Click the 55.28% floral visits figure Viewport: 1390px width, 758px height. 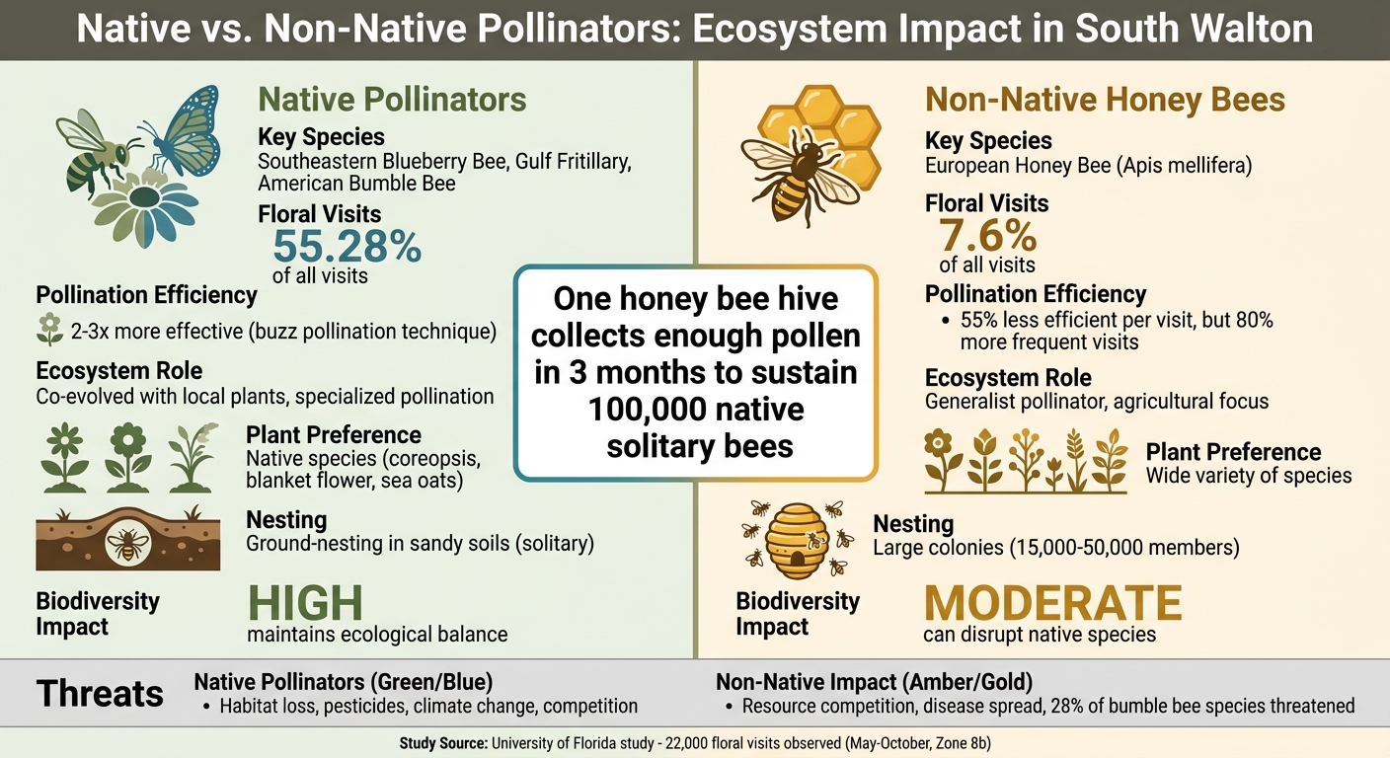pyautogui.click(x=347, y=247)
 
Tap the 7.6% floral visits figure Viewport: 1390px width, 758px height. pyautogui.click(x=986, y=237)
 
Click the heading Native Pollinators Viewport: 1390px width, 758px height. pyautogui.click(x=392, y=100)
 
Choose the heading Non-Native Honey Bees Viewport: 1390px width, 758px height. pyautogui.click(x=1105, y=100)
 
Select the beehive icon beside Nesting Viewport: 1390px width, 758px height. pyautogui.click(x=797, y=541)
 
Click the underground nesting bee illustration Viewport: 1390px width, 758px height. pyautogui.click(x=127, y=541)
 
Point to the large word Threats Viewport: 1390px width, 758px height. pyautogui.click(x=100, y=694)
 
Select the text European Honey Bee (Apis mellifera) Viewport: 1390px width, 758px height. pyautogui.click(x=1088, y=166)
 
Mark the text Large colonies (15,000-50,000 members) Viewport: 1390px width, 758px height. pyautogui.click(x=1055, y=547)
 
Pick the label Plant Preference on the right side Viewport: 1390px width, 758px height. pyautogui.click(x=1233, y=452)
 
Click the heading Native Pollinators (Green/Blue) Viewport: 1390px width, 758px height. pyautogui.click(x=343, y=681)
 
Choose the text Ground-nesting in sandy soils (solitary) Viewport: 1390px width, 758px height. pyautogui.click(x=420, y=543)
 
